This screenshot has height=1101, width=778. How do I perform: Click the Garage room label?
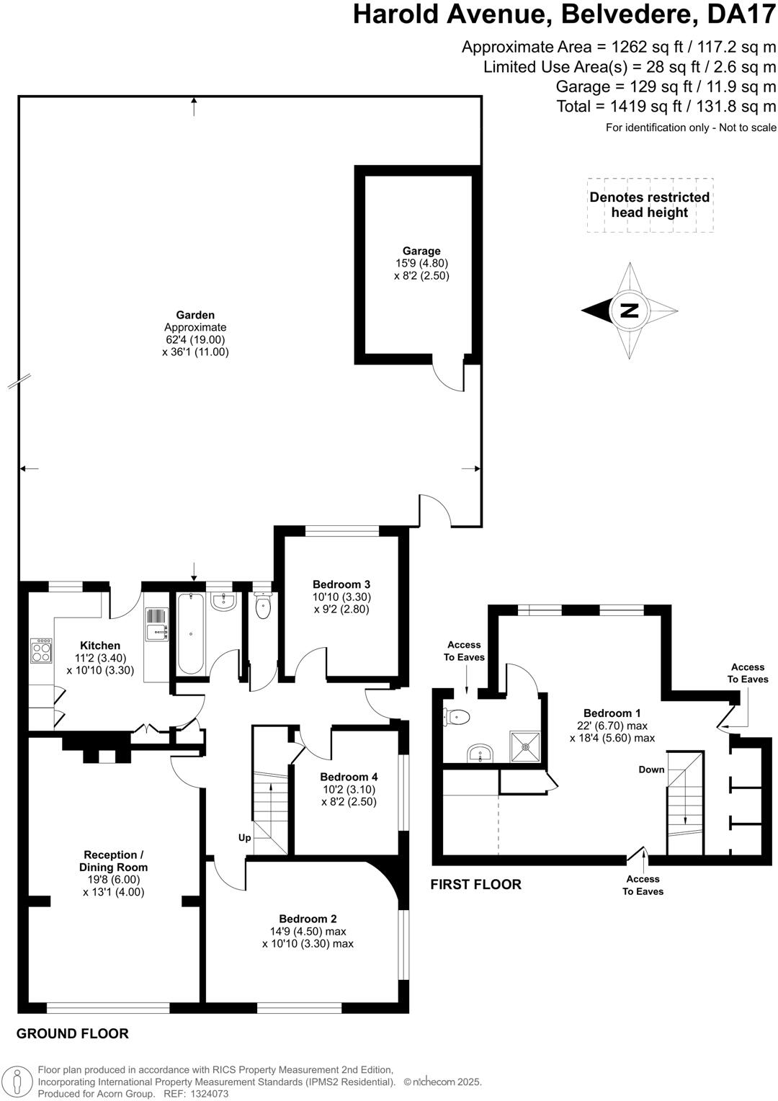pos(421,251)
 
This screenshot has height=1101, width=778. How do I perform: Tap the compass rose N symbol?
pos(630,311)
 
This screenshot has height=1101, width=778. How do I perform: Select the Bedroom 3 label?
pos(341,584)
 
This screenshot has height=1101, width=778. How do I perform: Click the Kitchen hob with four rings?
pos(41,651)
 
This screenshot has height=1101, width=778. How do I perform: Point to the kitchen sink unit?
pos(156,625)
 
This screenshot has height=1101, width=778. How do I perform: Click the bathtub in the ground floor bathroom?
pos(190,633)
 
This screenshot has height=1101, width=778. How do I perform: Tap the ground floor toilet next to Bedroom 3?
pos(263,607)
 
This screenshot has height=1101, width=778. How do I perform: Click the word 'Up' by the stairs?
pos(245,838)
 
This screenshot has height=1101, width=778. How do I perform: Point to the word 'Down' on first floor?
pos(651,770)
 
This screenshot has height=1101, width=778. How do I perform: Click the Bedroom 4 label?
pos(349,777)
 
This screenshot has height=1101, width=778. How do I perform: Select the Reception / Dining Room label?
pos(113,861)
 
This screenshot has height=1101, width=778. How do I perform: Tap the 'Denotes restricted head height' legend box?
pos(650,205)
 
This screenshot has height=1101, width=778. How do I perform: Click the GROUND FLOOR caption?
pos(73,1033)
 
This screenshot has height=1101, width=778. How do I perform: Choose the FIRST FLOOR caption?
pos(475,884)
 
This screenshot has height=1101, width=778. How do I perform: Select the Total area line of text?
pos(666,107)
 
